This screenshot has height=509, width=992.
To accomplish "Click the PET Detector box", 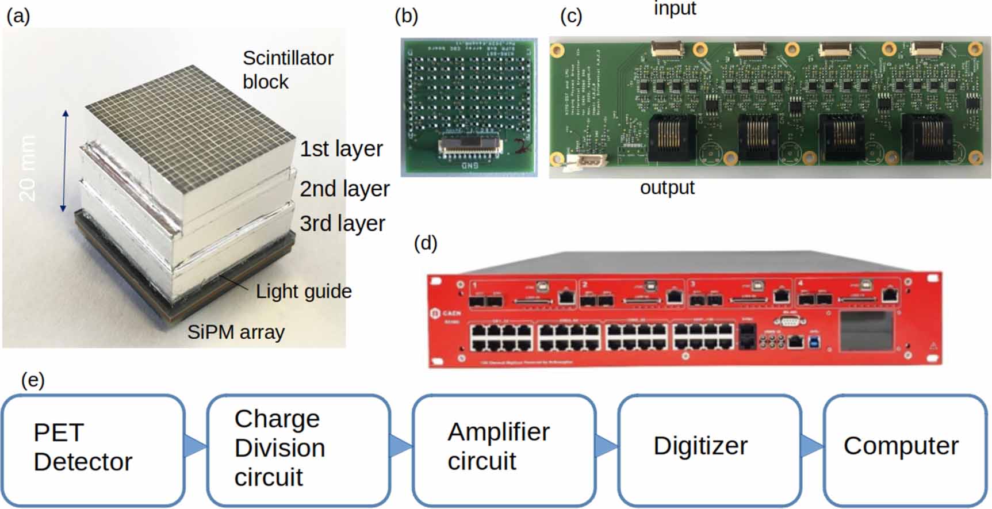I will (x=93, y=449).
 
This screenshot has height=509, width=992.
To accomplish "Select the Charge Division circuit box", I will (x=298, y=449).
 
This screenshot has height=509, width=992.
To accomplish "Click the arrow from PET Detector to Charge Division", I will (x=195, y=446).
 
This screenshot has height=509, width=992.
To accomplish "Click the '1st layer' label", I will (x=341, y=149).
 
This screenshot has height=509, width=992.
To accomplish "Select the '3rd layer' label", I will (x=342, y=224).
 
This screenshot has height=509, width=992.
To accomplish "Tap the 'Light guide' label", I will (x=304, y=292).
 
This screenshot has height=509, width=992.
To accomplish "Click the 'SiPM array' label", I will (x=236, y=332).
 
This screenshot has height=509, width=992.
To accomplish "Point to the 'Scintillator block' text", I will (x=288, y=70).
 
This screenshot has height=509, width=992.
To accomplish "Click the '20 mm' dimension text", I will (x=27, y=167).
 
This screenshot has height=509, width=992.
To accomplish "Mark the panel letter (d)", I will (x=426, y=243).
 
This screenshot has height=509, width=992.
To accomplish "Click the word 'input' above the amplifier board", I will (x=675, y=9).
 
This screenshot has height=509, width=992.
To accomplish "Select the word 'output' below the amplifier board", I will (x=667, y=187).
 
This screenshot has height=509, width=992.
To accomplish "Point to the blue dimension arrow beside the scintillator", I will (x=65, y=161).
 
